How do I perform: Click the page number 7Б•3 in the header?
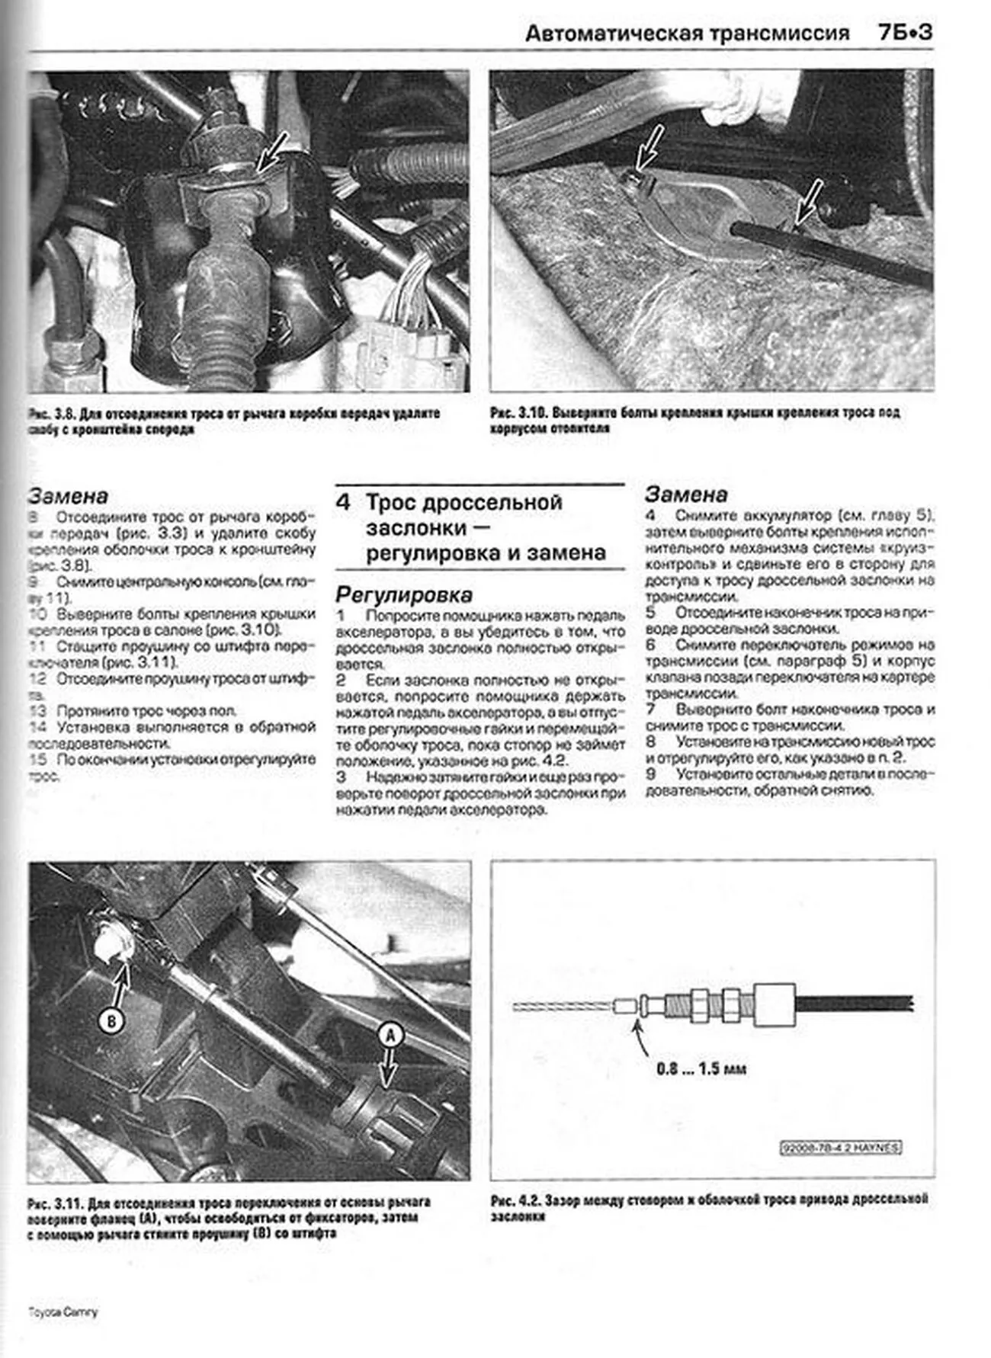point(905,33)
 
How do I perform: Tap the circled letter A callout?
point(390,1034)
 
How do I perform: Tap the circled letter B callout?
point(112,1020)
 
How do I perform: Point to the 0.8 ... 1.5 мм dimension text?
point(701,1068)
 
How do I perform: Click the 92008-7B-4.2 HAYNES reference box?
point(841,1147)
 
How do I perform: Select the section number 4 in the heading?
point(344,502)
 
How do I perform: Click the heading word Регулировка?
point(404,594)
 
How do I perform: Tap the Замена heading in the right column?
point(686,494)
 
